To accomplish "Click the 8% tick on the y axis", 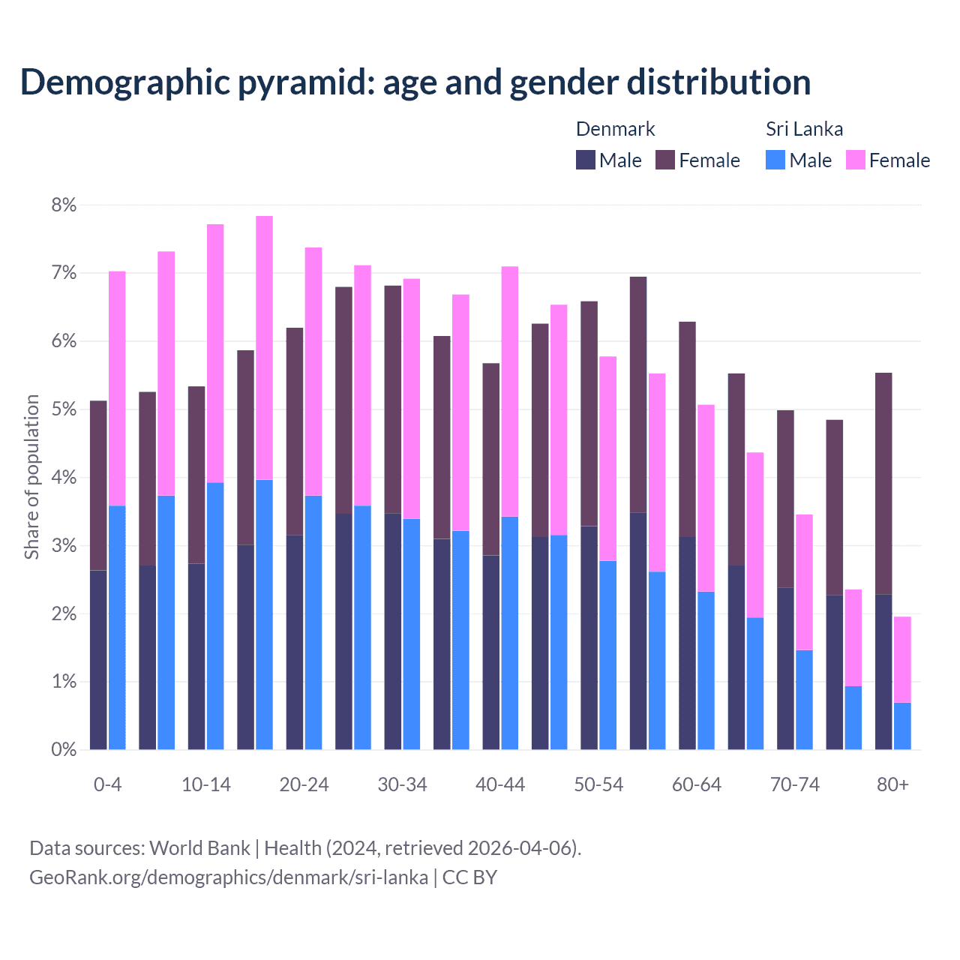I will pyautogui.click(x=64, y=205).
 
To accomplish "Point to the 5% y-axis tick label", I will pyautogui.click(x=64, y=409).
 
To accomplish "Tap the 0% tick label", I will pyautogui.click(x=64, y=750).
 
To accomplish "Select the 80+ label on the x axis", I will pyautogui.click(x=892, y=785).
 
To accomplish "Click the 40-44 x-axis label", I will pyautogui.click(x=500, y=785).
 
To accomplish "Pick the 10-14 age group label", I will pyautogui.click(x=206, y=785).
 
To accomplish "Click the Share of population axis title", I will pyautogui.click(x=31, y=477).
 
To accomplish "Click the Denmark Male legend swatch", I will pyautogui.click(x=586, y=160).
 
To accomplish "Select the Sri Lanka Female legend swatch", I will pyautogui.click(x=855, y=160).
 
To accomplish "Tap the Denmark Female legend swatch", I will pyautogui.click(x=665, y=160).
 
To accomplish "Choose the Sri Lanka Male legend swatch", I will pyautogui.click(x=775, y=160).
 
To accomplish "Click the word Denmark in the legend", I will pyautogui.click(x=615, y=129).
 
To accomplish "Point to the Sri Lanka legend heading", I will pyautogui.click(x=804, y=129).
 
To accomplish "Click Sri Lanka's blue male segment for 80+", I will pyautogui.click(x=902, y=726).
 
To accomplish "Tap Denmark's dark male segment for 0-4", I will pyautogui.click(x=98, y=660).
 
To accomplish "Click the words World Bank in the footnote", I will pyautogui.click(x=199, y=848).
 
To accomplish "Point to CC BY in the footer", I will pyautogui.click(x=469, y=877).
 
